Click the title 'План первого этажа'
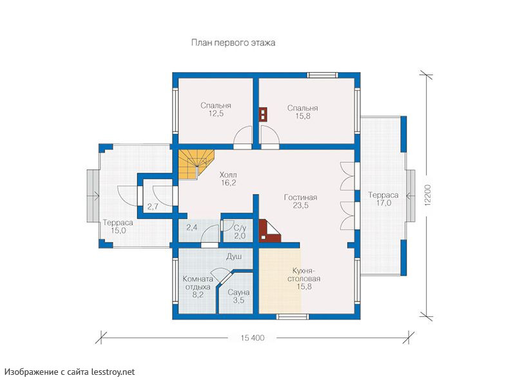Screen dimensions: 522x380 pos(233,43)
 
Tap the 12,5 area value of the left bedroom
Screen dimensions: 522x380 pos(216,114)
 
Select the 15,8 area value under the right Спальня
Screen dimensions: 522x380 pos(303,117)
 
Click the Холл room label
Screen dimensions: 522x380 pos(228,175)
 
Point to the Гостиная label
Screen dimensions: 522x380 pos(300,197)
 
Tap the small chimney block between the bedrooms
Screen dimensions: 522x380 pos(264,115)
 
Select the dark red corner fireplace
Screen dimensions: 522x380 pos(268,231)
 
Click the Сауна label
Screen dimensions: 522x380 pos(238,292)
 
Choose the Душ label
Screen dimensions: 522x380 pos(234,256)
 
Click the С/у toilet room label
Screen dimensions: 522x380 pos(240,228)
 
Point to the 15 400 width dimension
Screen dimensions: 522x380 pos(253,338)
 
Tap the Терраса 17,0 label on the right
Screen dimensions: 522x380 pos(383,199)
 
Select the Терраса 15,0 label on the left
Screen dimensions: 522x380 pos(118,227)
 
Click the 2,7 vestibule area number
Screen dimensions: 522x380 pos(153,207)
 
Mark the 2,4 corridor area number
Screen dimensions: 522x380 pos(192,227)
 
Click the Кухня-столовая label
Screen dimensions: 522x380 pos(304,278)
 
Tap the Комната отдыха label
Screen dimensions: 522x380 pos(198,287)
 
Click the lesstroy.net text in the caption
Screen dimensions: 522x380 pos(113,372)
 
